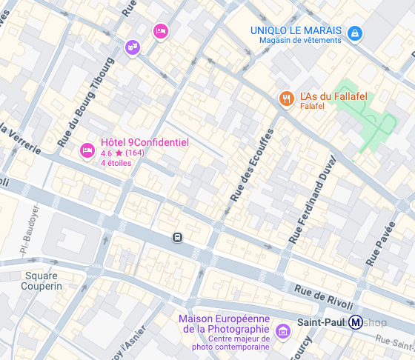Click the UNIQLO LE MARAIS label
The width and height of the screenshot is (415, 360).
point(296,30)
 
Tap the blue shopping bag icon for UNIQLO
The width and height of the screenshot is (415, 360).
point(356,33)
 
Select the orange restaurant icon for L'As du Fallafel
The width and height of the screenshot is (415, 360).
point(285,98)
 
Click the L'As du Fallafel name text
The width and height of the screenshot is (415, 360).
point(333,96)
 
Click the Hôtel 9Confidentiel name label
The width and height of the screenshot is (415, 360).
point(145,142)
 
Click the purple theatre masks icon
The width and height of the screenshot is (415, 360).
point(132,47)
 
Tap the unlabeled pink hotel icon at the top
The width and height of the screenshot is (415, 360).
point(160,31)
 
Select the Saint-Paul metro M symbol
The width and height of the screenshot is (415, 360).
point(356,322)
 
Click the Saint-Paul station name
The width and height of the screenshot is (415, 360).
point(322,322)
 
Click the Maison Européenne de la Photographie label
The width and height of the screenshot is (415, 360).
point(223,324)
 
